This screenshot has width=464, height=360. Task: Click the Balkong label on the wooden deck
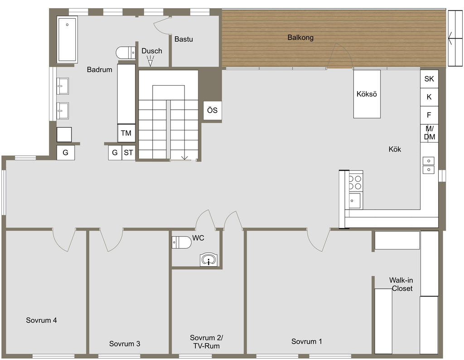pos(300,38)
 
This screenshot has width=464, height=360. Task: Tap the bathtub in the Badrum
pos(67,39)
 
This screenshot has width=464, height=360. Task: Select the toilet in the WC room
pos(182,242)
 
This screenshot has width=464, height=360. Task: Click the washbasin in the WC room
pos(209,260)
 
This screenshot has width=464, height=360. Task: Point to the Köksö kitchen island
pos(367,94)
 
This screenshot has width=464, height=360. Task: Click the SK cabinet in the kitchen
pos(429,79)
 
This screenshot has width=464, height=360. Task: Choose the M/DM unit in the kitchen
pos(429,133)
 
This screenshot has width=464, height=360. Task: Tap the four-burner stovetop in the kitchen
pos(355,182)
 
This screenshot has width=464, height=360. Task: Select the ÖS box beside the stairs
pos(212,110)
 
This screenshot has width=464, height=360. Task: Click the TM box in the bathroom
pos(126,133)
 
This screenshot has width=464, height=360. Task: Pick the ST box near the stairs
pos(128,153)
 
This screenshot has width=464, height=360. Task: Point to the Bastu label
pos(184,39)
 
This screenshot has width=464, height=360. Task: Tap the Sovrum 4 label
pos(41,320)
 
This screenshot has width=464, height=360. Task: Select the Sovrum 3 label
pos(125,344)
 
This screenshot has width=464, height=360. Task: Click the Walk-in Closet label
pos(401,284)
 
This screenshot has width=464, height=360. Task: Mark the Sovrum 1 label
pos(307,341)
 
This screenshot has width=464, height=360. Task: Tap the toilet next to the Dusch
pos(126,53)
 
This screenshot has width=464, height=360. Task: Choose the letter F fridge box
pos(429,115)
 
